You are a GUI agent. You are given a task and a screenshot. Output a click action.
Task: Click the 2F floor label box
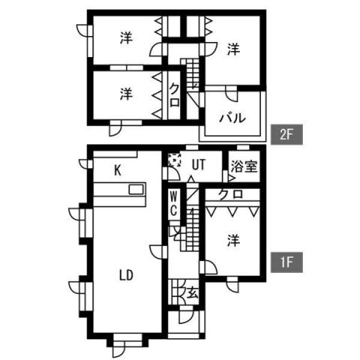tap(286, 134)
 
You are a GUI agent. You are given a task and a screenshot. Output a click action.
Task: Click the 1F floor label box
tap(286, 262)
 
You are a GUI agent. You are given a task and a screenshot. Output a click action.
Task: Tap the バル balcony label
tap(232, 118)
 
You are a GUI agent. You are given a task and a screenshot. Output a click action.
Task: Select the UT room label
tap(199, 164)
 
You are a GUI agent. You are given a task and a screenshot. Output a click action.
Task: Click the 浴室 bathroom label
tap(244, 166)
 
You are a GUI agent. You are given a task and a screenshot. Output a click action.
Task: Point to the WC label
tap(174, 202)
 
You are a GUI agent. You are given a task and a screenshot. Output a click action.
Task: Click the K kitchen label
tap(118, 171)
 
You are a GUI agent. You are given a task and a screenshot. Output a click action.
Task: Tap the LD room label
tap(126, 275)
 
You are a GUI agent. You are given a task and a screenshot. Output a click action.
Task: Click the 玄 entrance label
tap(193, 292)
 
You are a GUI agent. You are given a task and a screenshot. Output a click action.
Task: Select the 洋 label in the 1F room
tap(234, 240)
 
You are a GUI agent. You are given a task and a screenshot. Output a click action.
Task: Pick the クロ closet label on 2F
tap(175, 95)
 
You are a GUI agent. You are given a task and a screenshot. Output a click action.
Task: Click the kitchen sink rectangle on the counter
tap(136, 189)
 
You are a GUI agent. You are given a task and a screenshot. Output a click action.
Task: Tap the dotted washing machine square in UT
tap(175, 160)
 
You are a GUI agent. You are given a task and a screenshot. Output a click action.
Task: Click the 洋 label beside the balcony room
tap(234, 49)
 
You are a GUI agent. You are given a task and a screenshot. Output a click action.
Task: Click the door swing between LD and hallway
tap(157, 253)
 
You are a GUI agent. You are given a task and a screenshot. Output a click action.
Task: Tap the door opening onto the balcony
tap(232, 94)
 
